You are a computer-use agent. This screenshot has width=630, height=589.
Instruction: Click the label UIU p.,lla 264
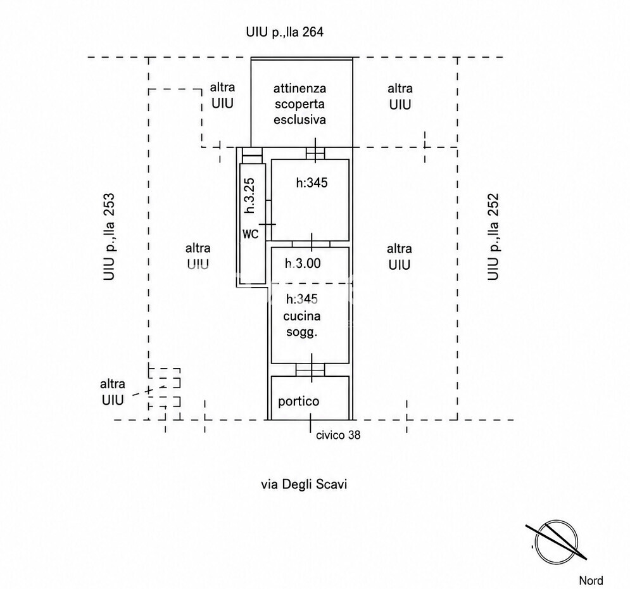coord(284,32)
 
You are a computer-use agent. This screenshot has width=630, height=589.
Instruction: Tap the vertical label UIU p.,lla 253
coord(109,237)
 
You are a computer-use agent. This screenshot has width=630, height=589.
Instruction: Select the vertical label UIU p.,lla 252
coord(493,237)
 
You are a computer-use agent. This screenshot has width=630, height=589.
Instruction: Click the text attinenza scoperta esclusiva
coord(299,104)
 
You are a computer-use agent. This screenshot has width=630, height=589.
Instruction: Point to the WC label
coord(251,234)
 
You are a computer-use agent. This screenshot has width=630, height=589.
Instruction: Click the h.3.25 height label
coord(250,195)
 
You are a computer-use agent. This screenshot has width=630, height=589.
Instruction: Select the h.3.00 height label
coord(303,263)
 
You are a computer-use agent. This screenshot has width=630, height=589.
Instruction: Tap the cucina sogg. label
coord(302,324)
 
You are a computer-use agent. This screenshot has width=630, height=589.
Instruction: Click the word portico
coord(298,402)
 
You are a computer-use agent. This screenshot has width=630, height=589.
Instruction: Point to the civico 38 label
coord(338,434)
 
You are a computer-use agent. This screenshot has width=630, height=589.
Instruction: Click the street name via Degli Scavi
coord(304,484)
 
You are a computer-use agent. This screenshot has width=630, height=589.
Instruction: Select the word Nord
coord(591,581)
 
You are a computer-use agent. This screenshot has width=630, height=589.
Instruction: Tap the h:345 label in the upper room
coord(312,183)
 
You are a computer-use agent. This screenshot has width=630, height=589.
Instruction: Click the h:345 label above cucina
coord(302,299)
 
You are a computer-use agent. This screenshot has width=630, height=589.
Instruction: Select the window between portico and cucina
coord(310,369)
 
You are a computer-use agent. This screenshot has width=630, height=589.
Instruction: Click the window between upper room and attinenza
coord(315,153)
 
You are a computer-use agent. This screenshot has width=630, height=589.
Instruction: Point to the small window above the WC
coord(253,155)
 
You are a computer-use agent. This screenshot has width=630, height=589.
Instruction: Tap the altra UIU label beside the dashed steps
coord(113,392)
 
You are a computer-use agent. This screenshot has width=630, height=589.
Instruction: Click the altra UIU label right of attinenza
coord(400,96)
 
